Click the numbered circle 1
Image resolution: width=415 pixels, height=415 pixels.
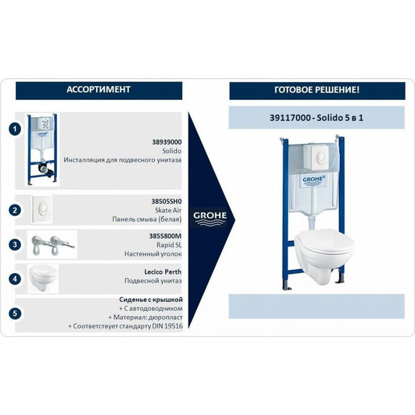click(x=14, y=130)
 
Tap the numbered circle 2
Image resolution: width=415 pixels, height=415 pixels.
click(x=14, y=210)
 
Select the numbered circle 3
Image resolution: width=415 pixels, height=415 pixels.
click(x=14, y=245)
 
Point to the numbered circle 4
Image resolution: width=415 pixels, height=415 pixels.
click(x=14, y=278)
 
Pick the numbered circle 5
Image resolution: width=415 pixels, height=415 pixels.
click(x=14, y=313)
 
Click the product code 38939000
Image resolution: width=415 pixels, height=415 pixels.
click(x=167, y=143)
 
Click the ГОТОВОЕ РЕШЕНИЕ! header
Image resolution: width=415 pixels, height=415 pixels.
click(x=317, y=90)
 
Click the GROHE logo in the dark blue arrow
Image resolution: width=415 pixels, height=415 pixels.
click(x=209, y=216)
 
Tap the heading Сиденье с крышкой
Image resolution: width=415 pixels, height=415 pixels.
click(x=151, y=299)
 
